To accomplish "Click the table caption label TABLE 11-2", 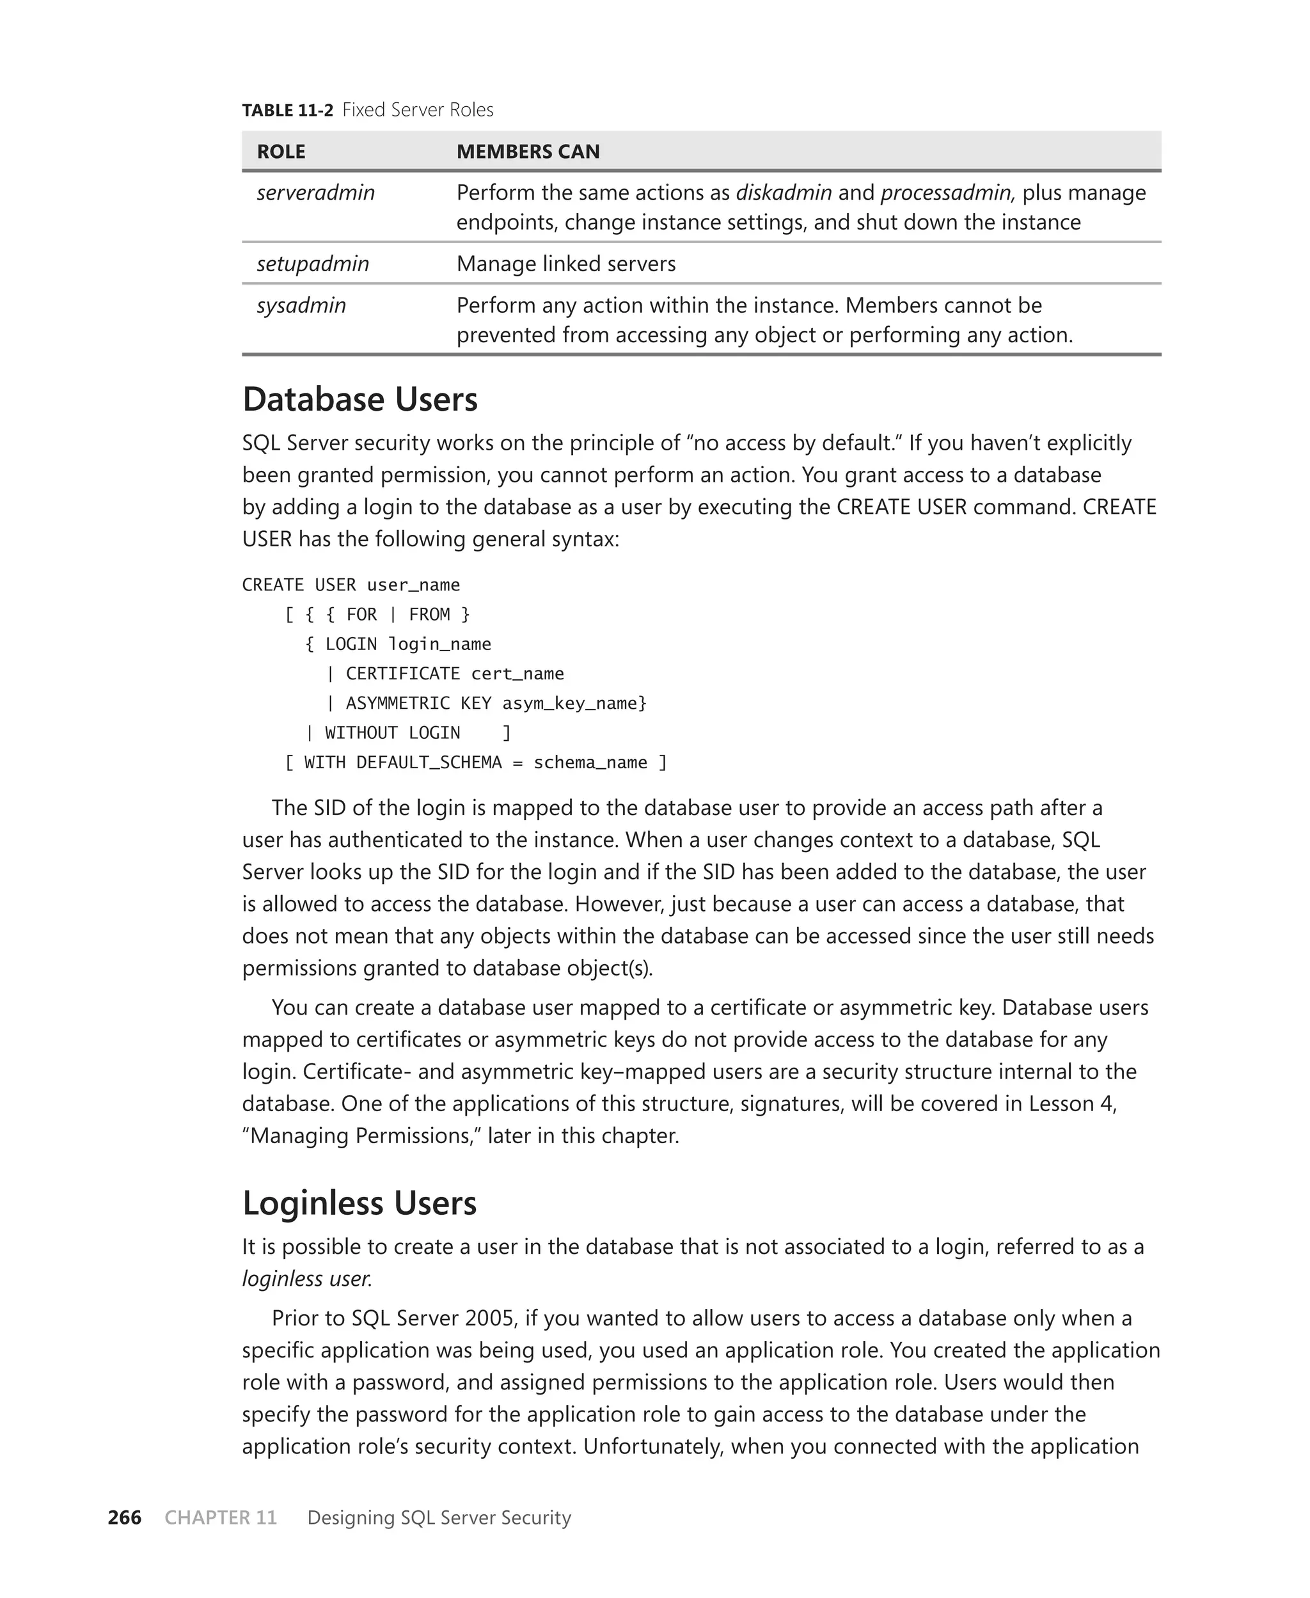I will click(x=287, y=110).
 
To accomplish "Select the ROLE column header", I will click(x=281, y=152).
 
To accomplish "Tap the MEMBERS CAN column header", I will click(x=528, y=152).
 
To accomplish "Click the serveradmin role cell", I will click(x=315, y=193).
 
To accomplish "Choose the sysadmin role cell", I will click(x=301, y=306).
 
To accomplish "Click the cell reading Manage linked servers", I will click(x=565, y=264).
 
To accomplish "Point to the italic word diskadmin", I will click(x=784, y=193).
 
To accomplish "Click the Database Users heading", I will click(x=359, y=399).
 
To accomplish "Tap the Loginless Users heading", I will click(x=359, y=1203).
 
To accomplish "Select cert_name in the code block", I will click(x=517, y=674).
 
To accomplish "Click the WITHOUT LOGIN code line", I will click(x=391, y=732).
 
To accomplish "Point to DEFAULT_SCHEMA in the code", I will click(x=428, y=763).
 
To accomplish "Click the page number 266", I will click(x=125, y=1518).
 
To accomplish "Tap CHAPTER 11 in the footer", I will click(x=220, y=1518).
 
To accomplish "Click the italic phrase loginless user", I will click(x=306, y=1279).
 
